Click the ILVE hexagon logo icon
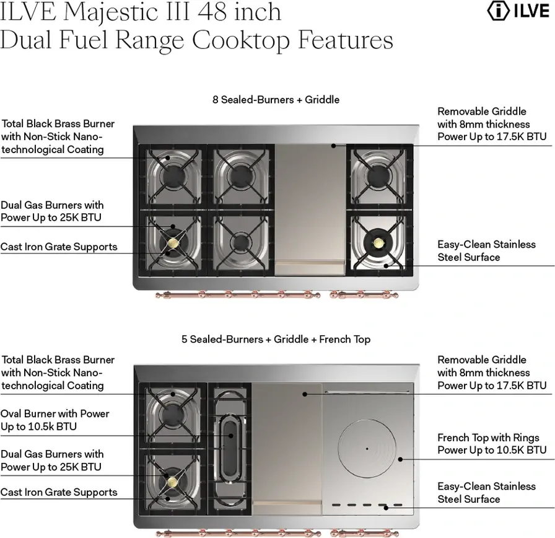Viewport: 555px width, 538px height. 499,11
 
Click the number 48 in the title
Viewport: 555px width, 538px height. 212,11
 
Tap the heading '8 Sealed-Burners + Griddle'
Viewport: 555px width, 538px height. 276,100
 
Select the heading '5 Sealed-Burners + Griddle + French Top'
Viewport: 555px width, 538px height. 276,339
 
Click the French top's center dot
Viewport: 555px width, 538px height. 367,449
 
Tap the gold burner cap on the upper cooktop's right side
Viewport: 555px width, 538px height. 378,242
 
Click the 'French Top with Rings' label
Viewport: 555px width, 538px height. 488,438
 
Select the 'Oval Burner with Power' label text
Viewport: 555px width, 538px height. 55,413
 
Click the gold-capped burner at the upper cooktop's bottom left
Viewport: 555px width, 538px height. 173,242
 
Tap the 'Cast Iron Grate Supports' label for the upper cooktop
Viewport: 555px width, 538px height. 59,247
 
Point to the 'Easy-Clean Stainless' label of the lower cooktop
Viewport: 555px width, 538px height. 486,487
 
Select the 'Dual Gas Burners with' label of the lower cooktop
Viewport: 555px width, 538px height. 52,454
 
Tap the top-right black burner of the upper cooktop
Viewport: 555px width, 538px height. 378,175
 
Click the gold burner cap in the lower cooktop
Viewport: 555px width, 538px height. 173,482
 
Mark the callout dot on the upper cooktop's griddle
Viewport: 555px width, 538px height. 333,146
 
